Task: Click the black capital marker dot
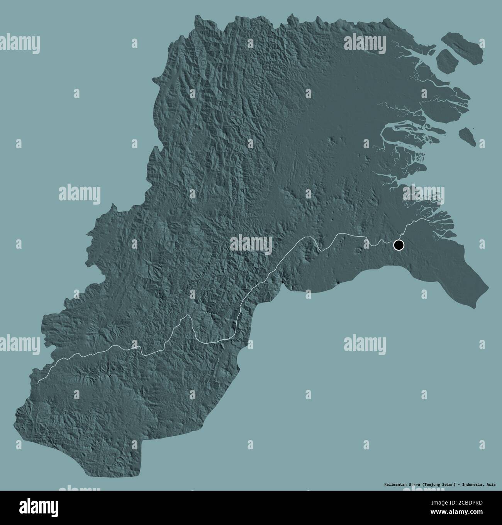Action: [398, 245]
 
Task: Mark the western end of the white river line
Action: [38, 382]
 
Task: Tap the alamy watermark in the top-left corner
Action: [19, 43]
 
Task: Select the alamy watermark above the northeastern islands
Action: [365, 42]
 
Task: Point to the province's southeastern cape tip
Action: [488, 287]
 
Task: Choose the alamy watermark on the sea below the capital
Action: [365, 342]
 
